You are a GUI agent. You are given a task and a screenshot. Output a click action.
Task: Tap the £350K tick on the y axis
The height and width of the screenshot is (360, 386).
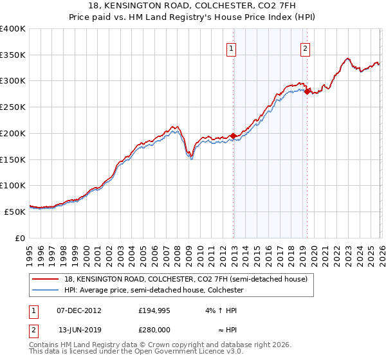pyautogui.click(x=13, y=55)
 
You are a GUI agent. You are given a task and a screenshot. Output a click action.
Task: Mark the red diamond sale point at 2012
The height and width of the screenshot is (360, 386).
pyautogui.click(x=233, y=136)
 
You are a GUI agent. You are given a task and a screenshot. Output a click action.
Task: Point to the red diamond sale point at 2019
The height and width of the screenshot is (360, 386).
pyautogui.click(x=307, y=91)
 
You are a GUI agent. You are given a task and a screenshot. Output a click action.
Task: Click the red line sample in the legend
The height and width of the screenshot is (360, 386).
pyautogui.click(x=46, y=280)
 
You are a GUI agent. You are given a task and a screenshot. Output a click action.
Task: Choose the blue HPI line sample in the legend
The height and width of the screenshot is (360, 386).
pyautogui.click(x=46, y=290)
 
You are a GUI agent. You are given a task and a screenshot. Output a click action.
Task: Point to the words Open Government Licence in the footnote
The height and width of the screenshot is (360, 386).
pyautogui.click(x=195, y=352)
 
